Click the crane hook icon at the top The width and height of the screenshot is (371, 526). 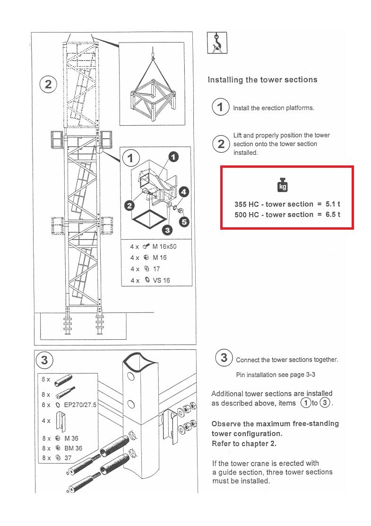coord(217,43)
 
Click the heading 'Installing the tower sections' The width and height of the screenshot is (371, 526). coord(262,80)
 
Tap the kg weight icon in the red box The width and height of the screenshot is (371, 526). coord(283,185)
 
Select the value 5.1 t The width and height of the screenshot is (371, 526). coord(333,204)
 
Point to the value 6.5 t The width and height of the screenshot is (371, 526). coord(333,215)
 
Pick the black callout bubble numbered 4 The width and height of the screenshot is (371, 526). coord(184,191)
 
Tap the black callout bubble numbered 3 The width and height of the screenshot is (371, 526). coord(166,230)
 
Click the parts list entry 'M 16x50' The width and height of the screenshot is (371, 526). coord(164,246)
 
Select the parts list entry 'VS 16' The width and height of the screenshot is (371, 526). coord(161,280)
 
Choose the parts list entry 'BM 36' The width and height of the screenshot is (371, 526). coord(73,448)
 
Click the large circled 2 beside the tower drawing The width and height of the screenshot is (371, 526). coord(48,85)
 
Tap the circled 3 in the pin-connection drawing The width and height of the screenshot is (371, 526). coord(44,360)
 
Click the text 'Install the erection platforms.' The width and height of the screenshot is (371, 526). coord(273,108)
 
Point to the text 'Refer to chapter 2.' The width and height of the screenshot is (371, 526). coord(244,444)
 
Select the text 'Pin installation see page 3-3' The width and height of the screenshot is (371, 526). coord(276,375)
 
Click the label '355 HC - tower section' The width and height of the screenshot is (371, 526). coord(274,204)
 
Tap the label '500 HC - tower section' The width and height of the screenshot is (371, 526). coord(274,215)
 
